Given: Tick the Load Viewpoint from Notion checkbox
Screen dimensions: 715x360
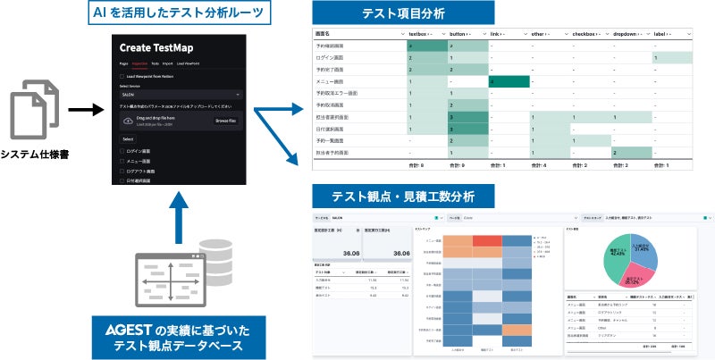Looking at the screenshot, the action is click(x=122, y=76).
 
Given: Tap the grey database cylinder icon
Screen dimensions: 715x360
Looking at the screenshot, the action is click(x=219, y=257).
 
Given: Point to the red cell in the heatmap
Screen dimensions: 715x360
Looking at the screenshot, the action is click(x=487, y=240).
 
